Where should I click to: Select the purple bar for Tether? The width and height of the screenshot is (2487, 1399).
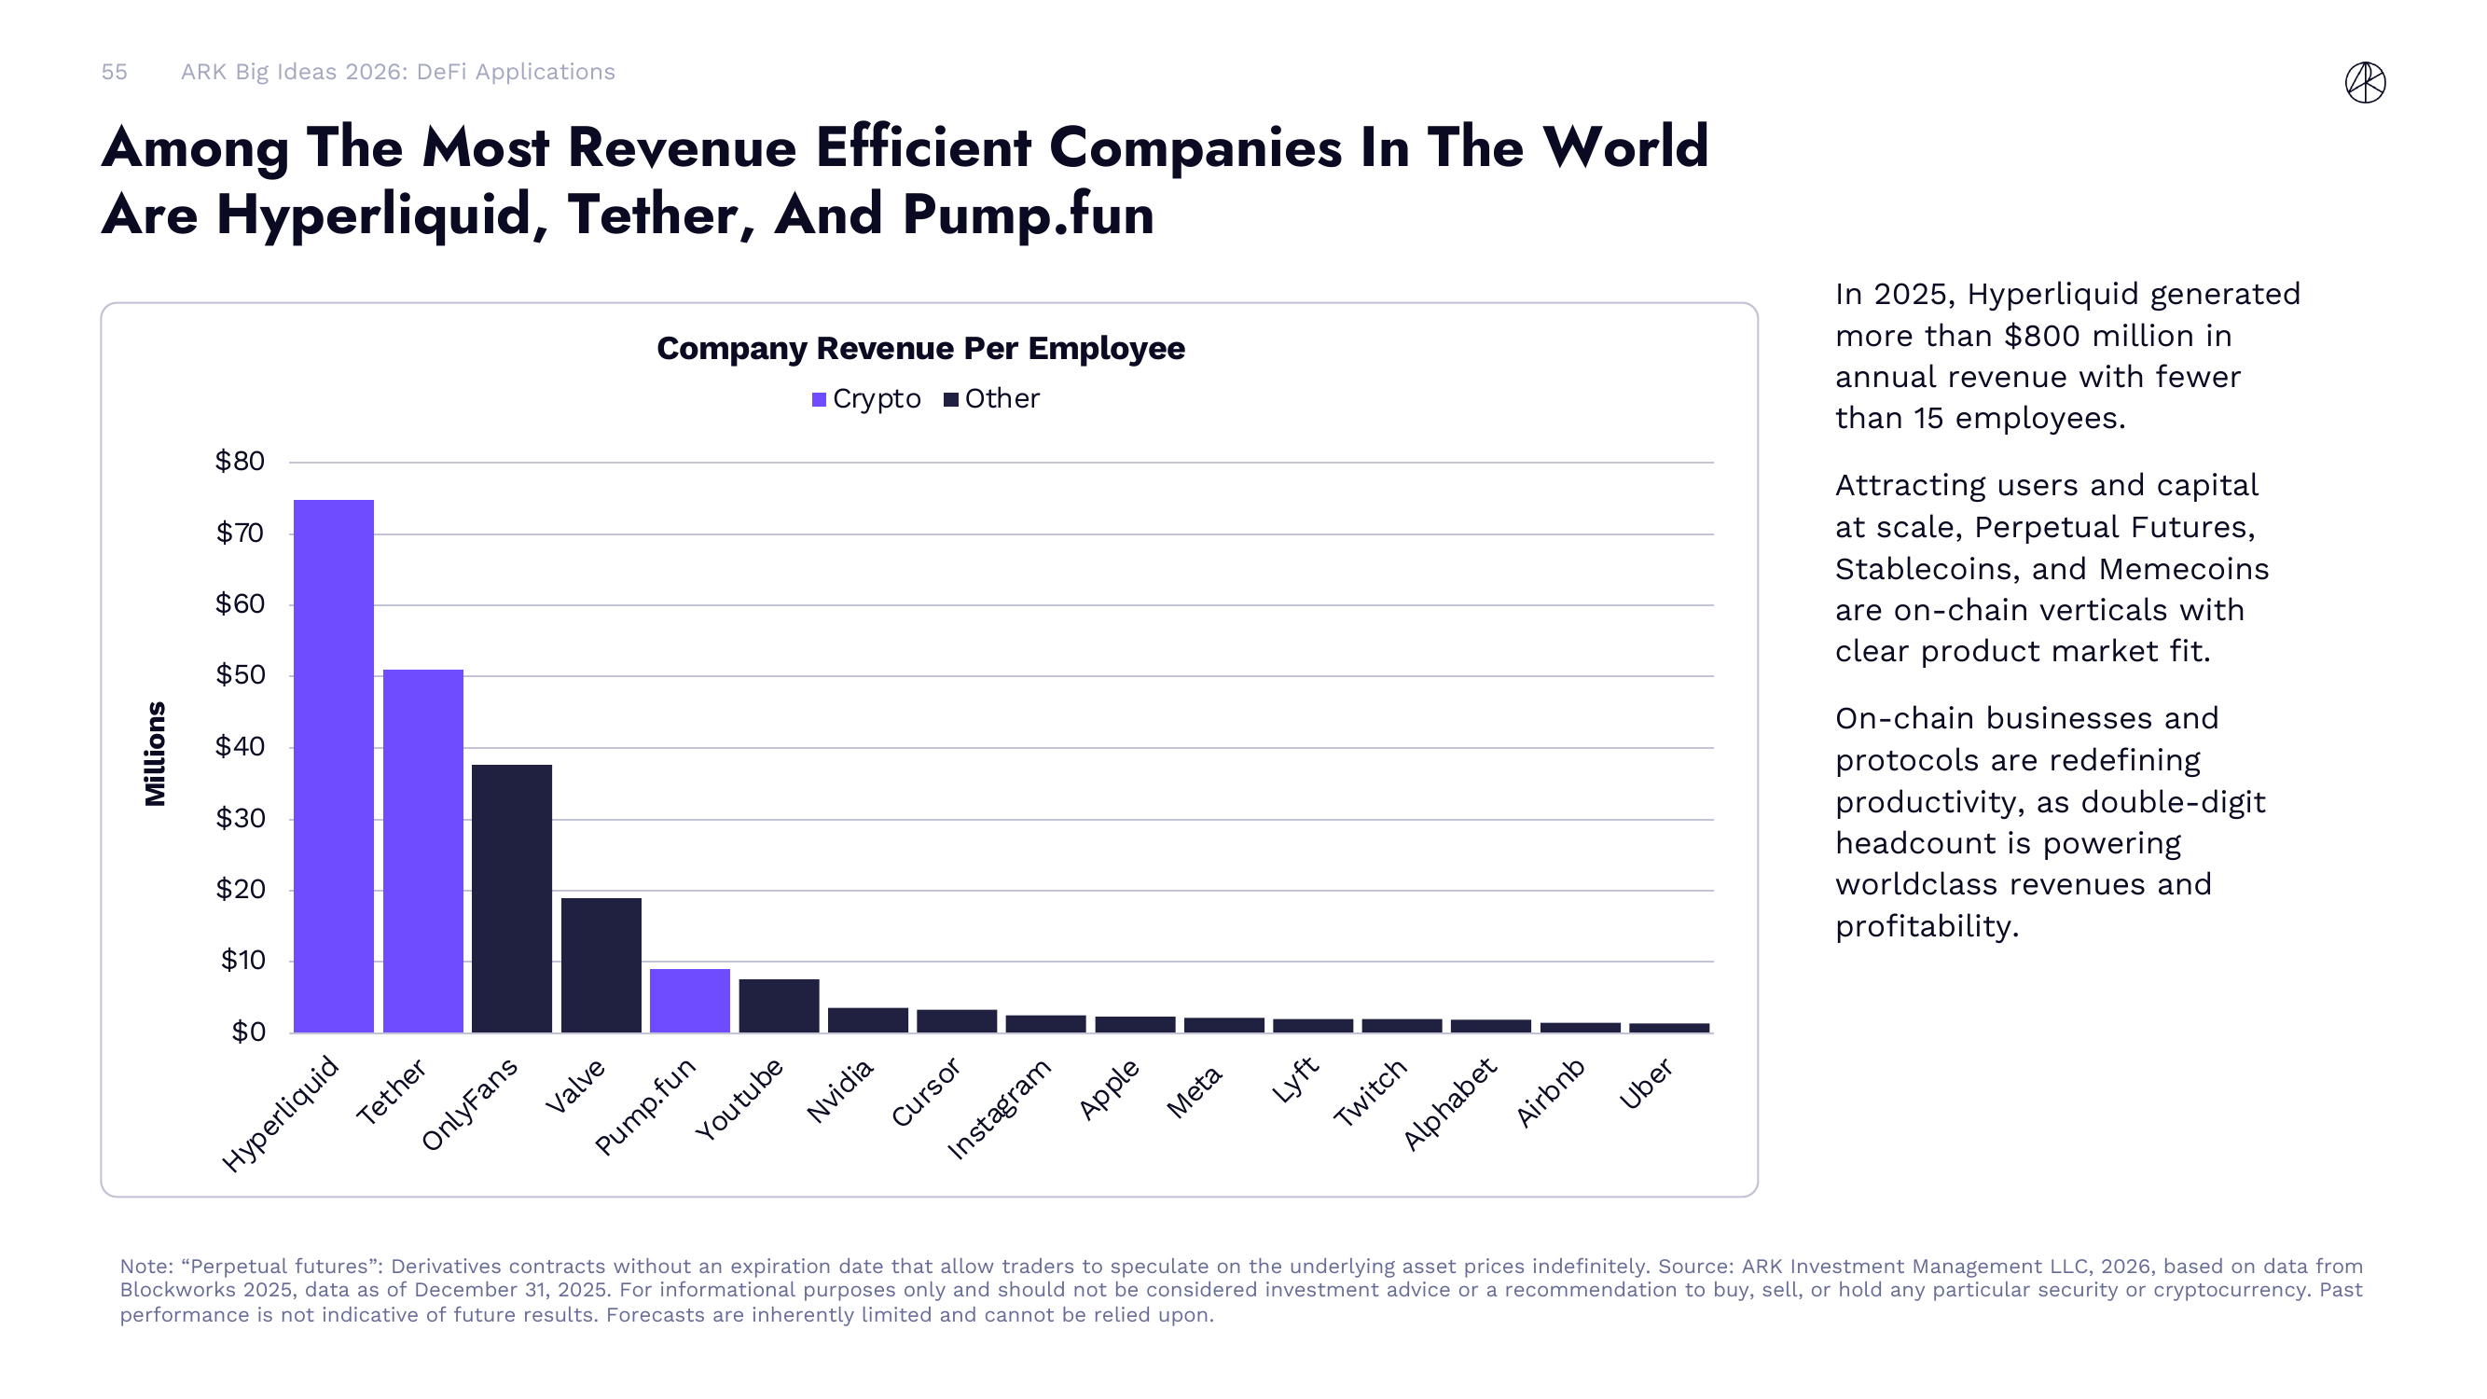point(422,851)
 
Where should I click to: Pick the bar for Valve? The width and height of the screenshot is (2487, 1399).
point(601,964)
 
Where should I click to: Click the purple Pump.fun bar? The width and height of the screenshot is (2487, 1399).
point(689,1000)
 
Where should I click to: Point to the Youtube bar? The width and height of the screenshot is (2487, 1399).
point(778,1006)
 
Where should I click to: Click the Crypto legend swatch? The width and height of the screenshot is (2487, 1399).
point(819,400)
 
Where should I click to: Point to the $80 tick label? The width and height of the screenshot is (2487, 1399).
point(240,462)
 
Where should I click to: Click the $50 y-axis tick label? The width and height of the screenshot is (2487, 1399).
point(240,675)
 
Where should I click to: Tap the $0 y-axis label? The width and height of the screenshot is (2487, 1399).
point(248,1032)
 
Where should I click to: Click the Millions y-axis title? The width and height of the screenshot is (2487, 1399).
point(156,753)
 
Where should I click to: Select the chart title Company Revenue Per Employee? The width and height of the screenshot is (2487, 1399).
point(920,349)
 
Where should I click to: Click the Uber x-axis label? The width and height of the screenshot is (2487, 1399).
point(1646,1083)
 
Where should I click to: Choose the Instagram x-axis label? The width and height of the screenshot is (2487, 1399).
point(1000,1108)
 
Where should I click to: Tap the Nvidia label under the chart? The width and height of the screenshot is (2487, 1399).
point(840,1090)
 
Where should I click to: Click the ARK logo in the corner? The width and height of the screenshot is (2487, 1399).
point(2365,82)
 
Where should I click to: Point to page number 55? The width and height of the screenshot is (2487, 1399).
point(114,73)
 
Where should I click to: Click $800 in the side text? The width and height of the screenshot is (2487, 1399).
point(2043,336)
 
